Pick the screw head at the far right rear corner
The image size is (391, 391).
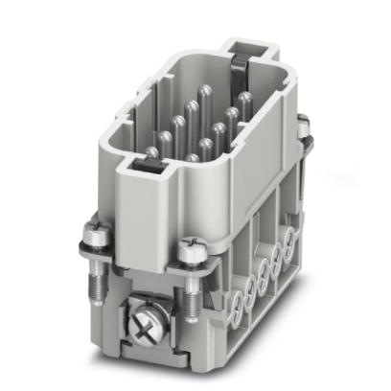(x=304, y=124)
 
